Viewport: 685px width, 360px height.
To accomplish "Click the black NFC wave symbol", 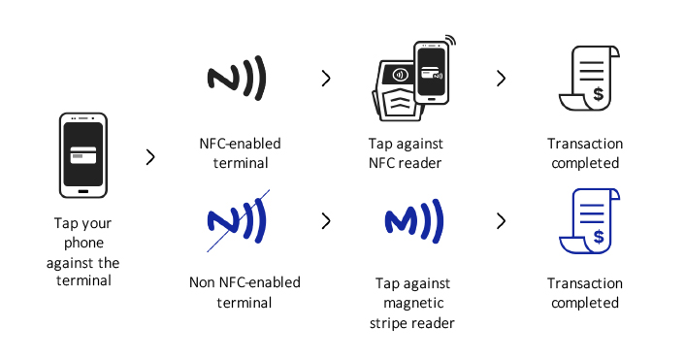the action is (237, 79).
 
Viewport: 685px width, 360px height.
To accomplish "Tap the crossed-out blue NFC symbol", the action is (237, 221).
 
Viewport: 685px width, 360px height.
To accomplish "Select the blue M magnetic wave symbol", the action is (413, 221).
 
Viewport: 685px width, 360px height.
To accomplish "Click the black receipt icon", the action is (589, 79).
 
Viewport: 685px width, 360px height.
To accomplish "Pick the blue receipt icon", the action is (589, 221).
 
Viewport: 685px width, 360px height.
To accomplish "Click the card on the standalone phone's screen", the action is (83, 156).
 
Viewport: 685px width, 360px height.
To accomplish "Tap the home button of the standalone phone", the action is (83, 191).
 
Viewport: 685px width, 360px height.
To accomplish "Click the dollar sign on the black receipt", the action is (598, 94).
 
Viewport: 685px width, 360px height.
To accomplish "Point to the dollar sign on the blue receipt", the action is (598, 237).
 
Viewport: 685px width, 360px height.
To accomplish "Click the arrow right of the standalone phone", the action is (150, 157).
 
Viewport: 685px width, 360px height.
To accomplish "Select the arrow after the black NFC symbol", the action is (326, 79).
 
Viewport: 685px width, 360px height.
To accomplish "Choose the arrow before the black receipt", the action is (501, 79).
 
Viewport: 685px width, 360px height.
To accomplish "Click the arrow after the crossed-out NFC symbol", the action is (326, 221).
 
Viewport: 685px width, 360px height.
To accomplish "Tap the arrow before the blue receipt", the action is (501, 221).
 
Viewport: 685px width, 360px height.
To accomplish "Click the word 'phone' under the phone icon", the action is (83, 244).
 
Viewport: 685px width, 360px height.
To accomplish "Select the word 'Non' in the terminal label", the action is (202, 282).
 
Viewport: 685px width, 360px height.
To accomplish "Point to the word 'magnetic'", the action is (413, 303).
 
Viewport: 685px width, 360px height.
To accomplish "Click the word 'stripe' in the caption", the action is (390, 324).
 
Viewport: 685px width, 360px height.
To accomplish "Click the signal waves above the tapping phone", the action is (451, 41).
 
